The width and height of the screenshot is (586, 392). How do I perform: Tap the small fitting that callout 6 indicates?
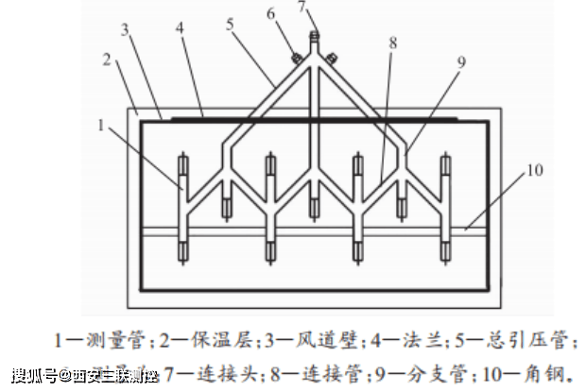(295, 58)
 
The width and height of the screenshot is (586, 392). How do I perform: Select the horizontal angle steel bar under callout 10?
(312, 230)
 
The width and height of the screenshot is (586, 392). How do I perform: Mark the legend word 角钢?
(549, 373)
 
